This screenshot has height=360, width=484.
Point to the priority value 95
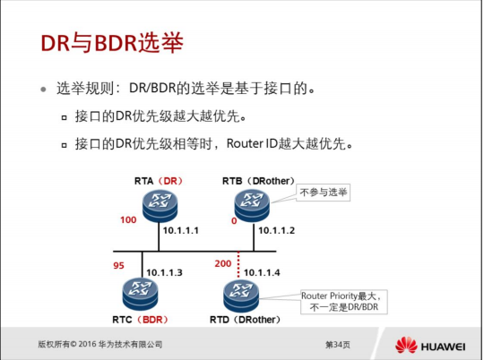(x=119, y=266)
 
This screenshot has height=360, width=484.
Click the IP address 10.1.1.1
(x=180, y=231)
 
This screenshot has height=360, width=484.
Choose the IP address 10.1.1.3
(x=164, y=271)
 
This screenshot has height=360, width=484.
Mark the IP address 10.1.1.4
(x=262, y=271)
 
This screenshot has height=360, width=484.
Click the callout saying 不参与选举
(x=324, y=193)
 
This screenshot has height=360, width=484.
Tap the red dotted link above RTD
(x=238, y=263)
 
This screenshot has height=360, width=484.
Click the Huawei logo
(x=430, y=345)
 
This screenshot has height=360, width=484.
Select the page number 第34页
(x=337, y=345)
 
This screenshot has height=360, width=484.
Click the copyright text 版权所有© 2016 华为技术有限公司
(x=99, y=345)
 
